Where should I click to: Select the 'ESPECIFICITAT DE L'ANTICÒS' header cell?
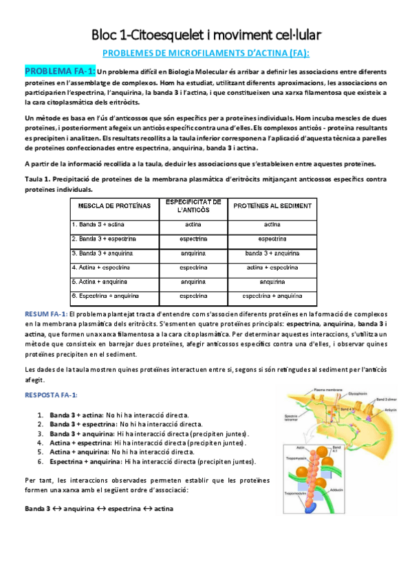tap(193, 206)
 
